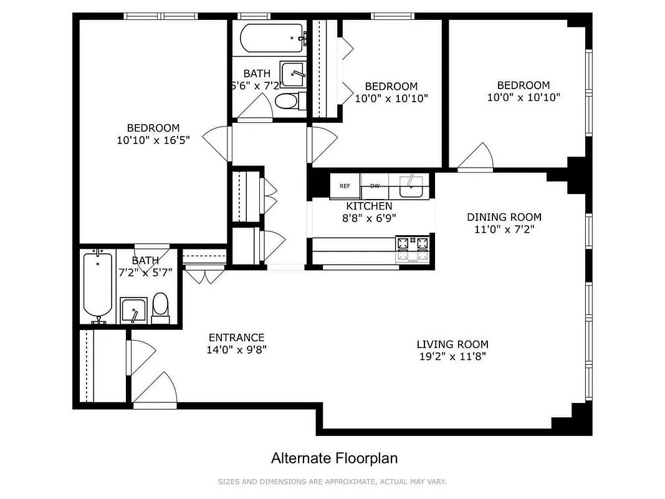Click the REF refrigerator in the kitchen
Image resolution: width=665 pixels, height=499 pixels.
(x=345, y=186)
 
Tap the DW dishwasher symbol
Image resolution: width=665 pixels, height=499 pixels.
(x=375, y=186)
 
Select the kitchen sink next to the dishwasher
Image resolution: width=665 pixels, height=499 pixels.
(x=411, y=186)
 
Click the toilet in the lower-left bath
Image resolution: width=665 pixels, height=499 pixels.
(x=160, y=308)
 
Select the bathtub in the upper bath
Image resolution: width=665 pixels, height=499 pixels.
(x=272, y=37)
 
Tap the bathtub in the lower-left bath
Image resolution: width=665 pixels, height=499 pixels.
(x=98, y=286)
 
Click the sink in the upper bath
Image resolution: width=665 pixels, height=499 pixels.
(x=292, y=74)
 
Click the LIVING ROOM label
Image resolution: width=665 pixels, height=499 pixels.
(x=452, y=344)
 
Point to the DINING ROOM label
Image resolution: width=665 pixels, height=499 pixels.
(x=504, y=217)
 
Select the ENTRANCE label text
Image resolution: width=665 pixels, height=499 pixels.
(x=236, y=337)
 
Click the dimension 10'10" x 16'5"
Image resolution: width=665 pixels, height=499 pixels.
(x=153, y=140)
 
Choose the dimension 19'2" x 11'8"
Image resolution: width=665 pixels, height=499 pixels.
(x=452, y=357)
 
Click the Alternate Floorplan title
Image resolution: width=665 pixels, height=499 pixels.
(x=334, y=458)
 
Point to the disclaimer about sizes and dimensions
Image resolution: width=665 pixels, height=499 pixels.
(x=332, y=482)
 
